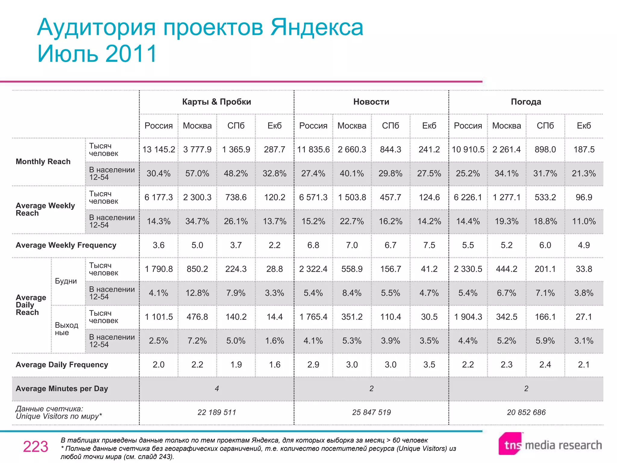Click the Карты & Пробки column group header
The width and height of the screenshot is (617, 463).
click(216, 102)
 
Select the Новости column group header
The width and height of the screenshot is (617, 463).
click(371, 102)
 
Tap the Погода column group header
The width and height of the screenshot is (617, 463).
click(526, 102)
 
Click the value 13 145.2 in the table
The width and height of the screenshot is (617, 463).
click(158, 150)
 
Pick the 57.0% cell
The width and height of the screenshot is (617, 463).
click(197, 174)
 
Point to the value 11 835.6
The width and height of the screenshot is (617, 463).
click(313, 150)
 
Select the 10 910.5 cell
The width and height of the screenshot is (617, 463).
click(468, 150)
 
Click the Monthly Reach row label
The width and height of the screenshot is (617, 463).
click(43, 162)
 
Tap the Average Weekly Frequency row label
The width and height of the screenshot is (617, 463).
click(66, 245)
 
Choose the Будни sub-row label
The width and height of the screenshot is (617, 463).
click(66, 281)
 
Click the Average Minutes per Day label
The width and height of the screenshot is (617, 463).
click(62, 389)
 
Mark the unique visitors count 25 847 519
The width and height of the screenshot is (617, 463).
click(371, 412)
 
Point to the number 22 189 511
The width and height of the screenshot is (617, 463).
click(217, 412)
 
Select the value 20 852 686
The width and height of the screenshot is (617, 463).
click(526, 412)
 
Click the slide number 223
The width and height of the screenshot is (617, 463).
click(36, 447)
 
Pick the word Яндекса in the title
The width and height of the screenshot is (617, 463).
click(317, 28)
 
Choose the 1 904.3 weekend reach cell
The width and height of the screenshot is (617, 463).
click(468, 317)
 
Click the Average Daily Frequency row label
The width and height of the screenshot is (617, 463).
click(62, 365)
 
